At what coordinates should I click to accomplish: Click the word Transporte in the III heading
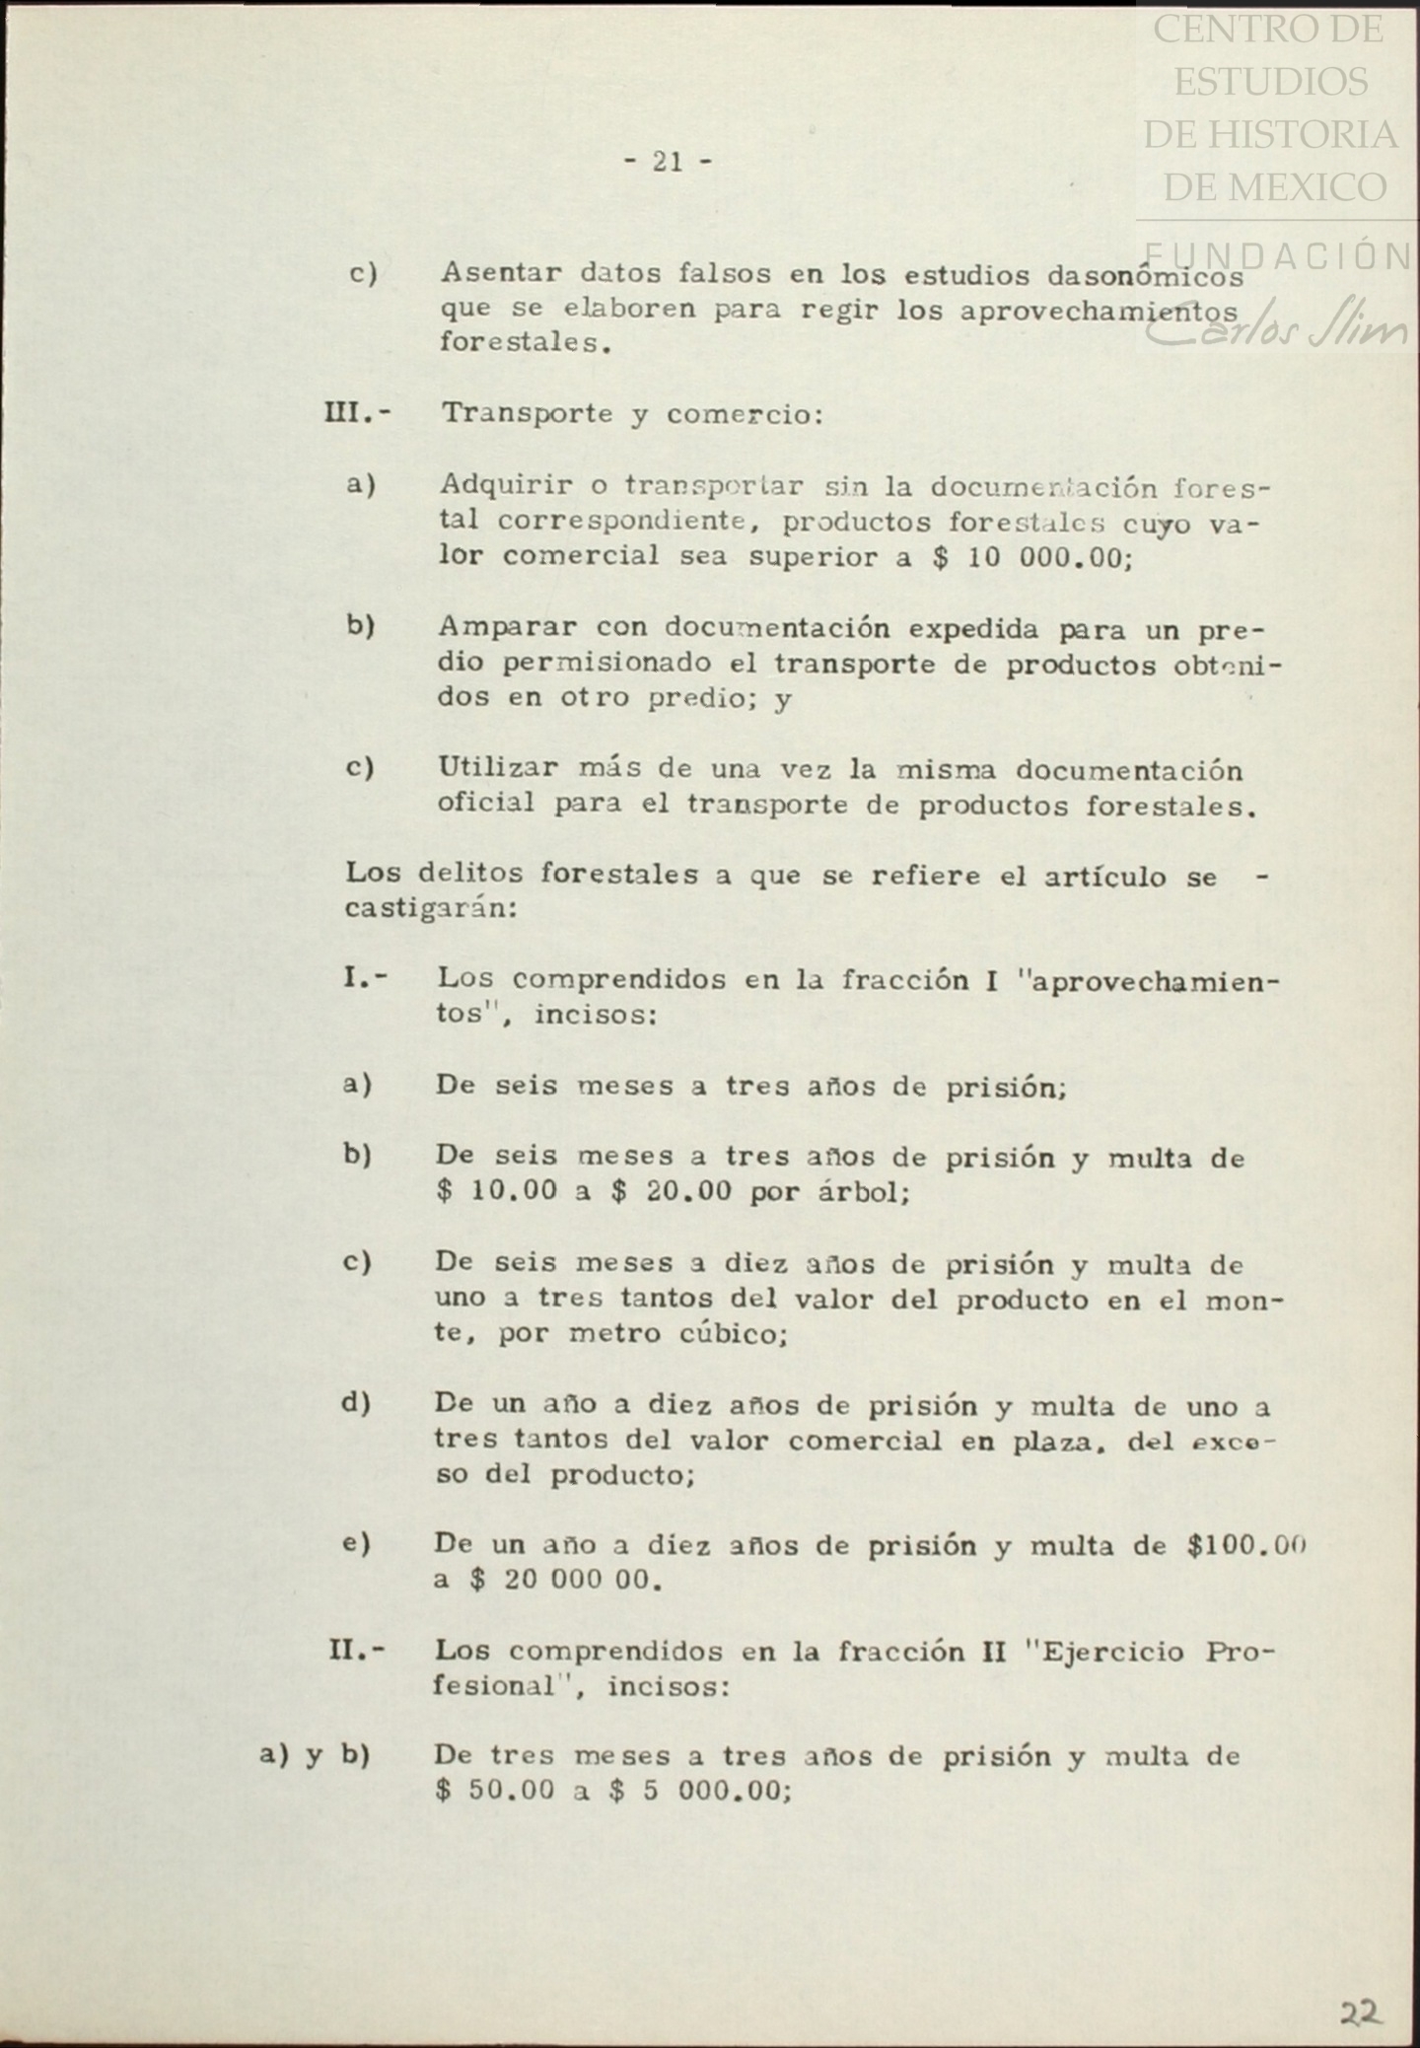pyautogui.click(x=527, y=413)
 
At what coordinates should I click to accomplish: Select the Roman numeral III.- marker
pyautogui.click(x=356, y=412)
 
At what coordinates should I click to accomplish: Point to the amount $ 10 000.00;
pyautogui.click(x=1034, y=557)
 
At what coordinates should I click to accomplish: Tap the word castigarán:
pyautogui.click(x=431, y=909)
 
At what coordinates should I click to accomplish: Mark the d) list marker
pyautogui.click(x=356, y=1403)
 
